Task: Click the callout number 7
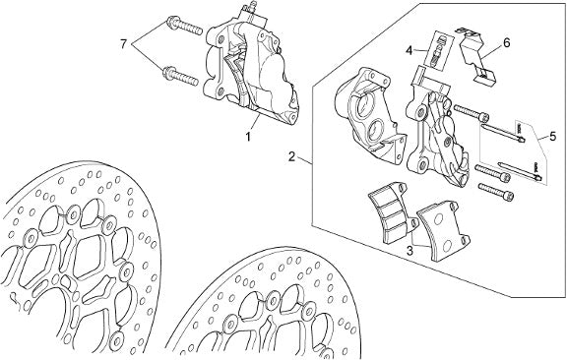(x=124, y=45)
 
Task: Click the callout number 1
(x=248, y=138)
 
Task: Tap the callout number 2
(x=292, y=156)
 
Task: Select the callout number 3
(x=409, y=251)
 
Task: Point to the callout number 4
(x=409, y=50)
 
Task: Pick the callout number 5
(x=552, y=137)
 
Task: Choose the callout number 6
(x=507, y=43)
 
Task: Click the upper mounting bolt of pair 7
(x=184, y=26)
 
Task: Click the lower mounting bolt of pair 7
(x=180, y=76)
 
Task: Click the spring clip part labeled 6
(x=474, y=55)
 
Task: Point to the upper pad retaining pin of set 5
(x=503, y=134)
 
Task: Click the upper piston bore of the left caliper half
(x=364, y=105)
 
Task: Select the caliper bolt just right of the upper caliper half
(x=472, y=113)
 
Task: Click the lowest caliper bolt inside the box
(x=496, y=191)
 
